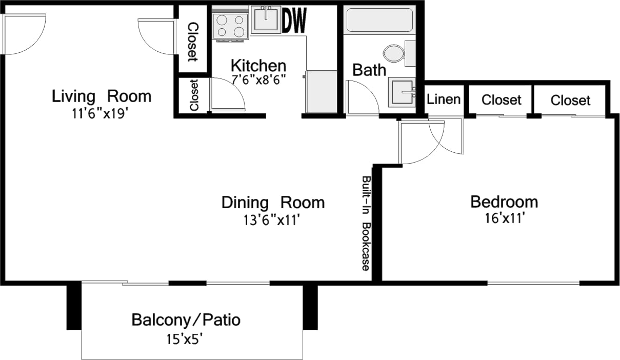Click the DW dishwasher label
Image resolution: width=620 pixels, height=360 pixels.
(x=294, y=21)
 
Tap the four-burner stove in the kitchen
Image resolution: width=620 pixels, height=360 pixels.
(x=230, y=26)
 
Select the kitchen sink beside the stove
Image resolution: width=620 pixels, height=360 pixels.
(x=266, y=20)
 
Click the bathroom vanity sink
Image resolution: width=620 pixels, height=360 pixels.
(x=402, y=92)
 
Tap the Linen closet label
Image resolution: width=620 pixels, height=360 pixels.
(x=444, y=99)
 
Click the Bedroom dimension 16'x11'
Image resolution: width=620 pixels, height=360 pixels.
(x=504, y=218)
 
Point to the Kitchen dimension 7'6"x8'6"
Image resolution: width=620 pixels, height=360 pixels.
(x=258, y=79)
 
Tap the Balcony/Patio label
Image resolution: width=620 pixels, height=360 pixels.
(x=186, y=320)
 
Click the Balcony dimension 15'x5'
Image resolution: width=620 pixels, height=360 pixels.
(x=187, y=338)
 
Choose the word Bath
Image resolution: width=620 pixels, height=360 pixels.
(x=369, y=70)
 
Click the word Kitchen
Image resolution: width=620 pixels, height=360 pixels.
(x=258, y=66)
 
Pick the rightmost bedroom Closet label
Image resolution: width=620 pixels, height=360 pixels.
(x=570, y=100)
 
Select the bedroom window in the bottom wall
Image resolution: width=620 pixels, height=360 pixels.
(x=533, y=283)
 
